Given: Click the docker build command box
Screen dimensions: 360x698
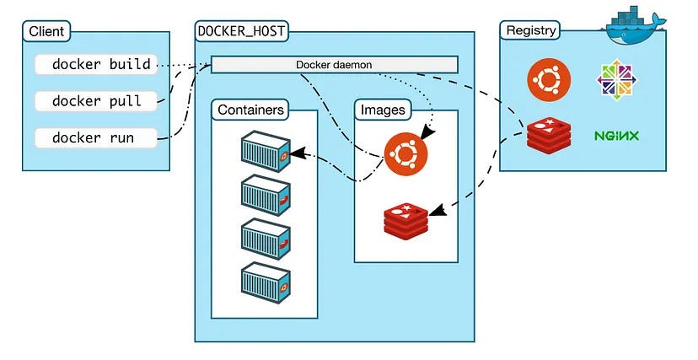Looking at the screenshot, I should (x=95, y=64).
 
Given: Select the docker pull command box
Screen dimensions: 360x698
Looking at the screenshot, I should (x=95, y=101).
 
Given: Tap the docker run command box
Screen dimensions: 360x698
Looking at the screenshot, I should (x=95, y=137).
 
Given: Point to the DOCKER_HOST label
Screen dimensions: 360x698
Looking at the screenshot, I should (x=239, y=31).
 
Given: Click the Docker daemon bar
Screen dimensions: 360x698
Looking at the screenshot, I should (x=334, y=65).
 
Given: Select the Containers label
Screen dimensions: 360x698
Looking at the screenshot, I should (x=250, y=110).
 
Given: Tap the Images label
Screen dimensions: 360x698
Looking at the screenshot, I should (x=383, y=110).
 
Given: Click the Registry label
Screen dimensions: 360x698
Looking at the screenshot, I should (x=530, y=31).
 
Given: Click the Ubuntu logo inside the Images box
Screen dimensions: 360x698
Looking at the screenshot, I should (x=405, y=155).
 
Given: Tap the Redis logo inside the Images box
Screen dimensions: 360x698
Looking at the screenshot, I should (x=405, y=219).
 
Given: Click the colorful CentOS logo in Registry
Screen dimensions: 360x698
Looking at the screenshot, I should (x=617, y=79).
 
